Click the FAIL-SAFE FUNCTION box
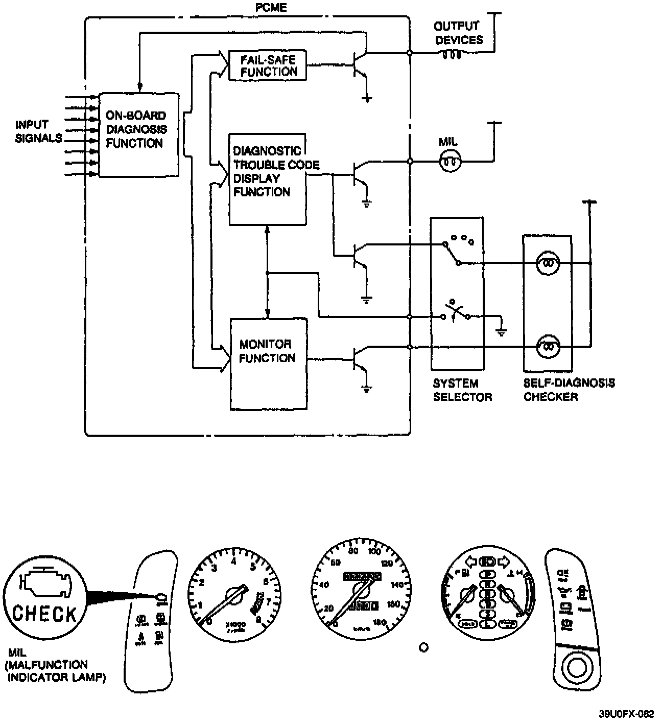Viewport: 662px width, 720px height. click(x=267, y=65)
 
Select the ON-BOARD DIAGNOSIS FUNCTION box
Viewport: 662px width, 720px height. click(x=138, y=135)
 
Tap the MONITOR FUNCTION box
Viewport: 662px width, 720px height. click(x=268, y=364)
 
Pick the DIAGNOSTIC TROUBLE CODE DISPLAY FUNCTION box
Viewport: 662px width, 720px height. click(x=268, y=179)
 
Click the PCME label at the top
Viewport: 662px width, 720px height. click(x=271, y=8)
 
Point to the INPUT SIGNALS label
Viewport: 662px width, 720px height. click(x=38, y=131)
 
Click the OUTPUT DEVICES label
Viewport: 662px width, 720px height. click(x=458, y=33)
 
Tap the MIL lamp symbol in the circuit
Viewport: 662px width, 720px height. click(x=450, y=162)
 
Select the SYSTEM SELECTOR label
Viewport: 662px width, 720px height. click(x=462, y=390)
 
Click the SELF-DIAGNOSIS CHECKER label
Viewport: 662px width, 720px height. click(x=569, y=390)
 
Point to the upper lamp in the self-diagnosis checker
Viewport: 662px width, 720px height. click(x=548, y=263)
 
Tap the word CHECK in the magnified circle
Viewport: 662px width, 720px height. click(x=44, y=613)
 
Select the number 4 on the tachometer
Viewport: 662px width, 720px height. click(x=233, y=561)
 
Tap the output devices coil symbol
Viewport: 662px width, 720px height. click(x=451, y=54)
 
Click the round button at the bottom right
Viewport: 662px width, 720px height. click(x=578, y=668)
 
